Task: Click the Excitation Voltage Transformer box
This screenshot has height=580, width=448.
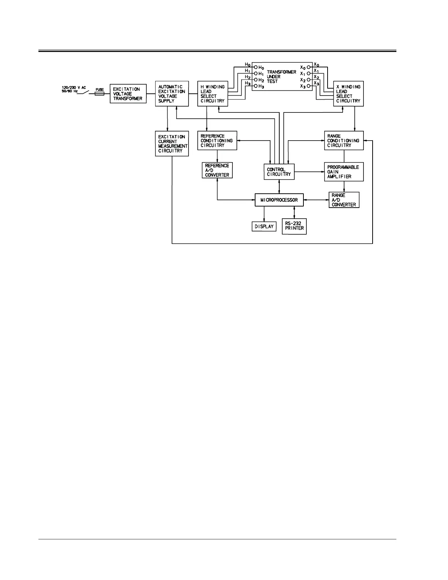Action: (128, 94)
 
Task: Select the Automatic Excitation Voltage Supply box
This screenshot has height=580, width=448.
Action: (172, 94)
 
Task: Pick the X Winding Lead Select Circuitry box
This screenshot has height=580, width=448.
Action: (348, 94)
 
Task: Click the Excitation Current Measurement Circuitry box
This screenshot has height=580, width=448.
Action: (172, 144)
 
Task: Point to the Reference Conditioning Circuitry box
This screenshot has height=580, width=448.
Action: (217, 141)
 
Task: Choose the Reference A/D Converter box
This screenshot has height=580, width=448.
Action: (217, 170)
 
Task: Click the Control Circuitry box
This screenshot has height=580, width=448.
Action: (279, 172)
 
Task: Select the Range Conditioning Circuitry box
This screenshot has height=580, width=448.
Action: (344, 141)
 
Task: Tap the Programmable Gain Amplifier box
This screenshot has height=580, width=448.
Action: (344, 172)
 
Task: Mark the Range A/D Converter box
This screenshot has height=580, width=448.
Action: (344, 200)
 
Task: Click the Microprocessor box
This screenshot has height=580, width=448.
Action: (279, 200)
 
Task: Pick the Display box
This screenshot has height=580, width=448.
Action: (264, 227)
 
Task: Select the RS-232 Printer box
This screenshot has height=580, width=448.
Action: (294, 226)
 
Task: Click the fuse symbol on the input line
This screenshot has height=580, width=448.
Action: (100, 94)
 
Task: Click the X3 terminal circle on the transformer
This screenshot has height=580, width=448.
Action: (309, 86)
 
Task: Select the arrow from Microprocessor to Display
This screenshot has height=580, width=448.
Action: (264, 214)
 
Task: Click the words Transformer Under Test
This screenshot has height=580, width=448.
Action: (281, 77)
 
